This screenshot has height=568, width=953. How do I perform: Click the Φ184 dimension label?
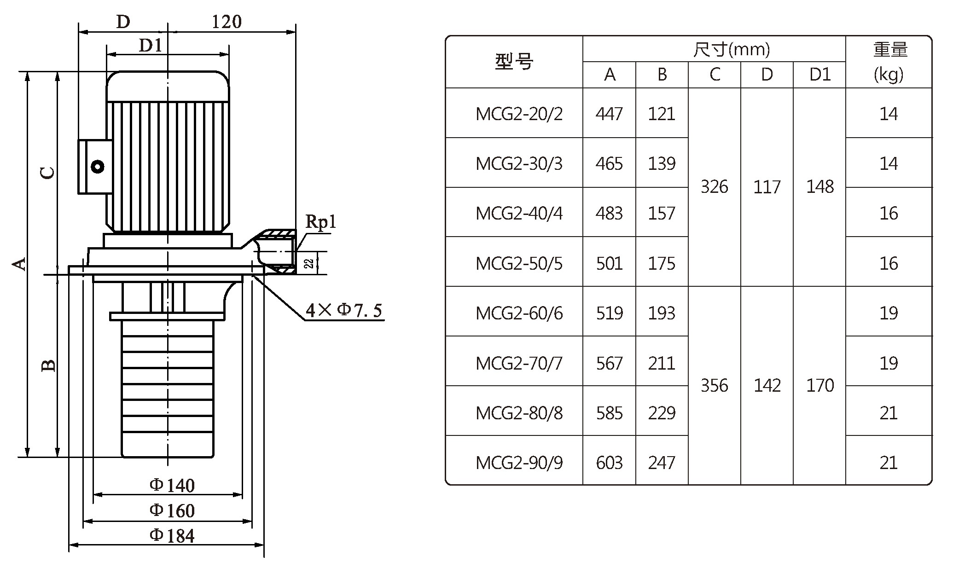172,536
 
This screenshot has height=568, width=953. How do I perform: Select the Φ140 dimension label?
172,485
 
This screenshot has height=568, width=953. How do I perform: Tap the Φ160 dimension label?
172,510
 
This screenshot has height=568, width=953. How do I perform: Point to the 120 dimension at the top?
227,22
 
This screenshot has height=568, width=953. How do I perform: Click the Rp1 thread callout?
321,222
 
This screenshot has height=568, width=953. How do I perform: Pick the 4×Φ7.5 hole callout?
344,310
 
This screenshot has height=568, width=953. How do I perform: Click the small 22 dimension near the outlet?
309,263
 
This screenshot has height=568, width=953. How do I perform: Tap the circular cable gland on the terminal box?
98,167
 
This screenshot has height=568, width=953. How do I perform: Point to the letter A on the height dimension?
19,264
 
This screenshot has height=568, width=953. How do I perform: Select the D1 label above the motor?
151,45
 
